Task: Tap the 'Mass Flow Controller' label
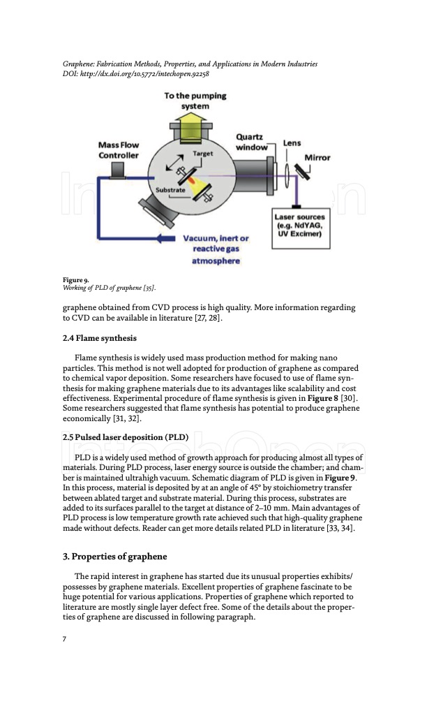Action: tap(119, 150)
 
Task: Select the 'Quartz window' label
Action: tap(252, 142)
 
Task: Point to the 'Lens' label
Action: tap(292, 143)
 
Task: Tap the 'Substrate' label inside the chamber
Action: tap(170, 190)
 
